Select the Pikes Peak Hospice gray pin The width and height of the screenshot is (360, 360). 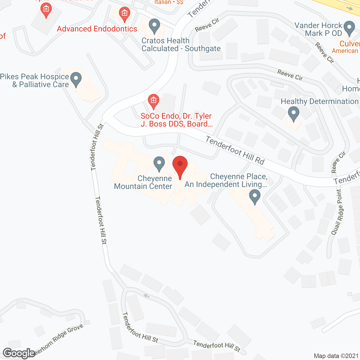click(x=76, y=79)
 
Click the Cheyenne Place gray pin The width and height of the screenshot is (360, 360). click(x=255, y=197)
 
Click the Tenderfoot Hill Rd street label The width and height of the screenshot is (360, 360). click(x=235, y=151)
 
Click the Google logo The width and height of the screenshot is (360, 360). click(x=19, y=353)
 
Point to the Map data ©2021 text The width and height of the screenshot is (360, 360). click(x=336, y=356)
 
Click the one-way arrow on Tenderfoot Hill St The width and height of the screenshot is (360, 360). click(x=147, y=296)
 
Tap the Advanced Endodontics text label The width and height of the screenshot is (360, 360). click(x=97, y=29)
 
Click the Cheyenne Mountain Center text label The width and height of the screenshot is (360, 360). click(x=143, y=182)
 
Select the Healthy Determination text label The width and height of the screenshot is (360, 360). click(x=319, y=101)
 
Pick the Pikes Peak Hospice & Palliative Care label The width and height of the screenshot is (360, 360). click(x=35, y=80)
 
